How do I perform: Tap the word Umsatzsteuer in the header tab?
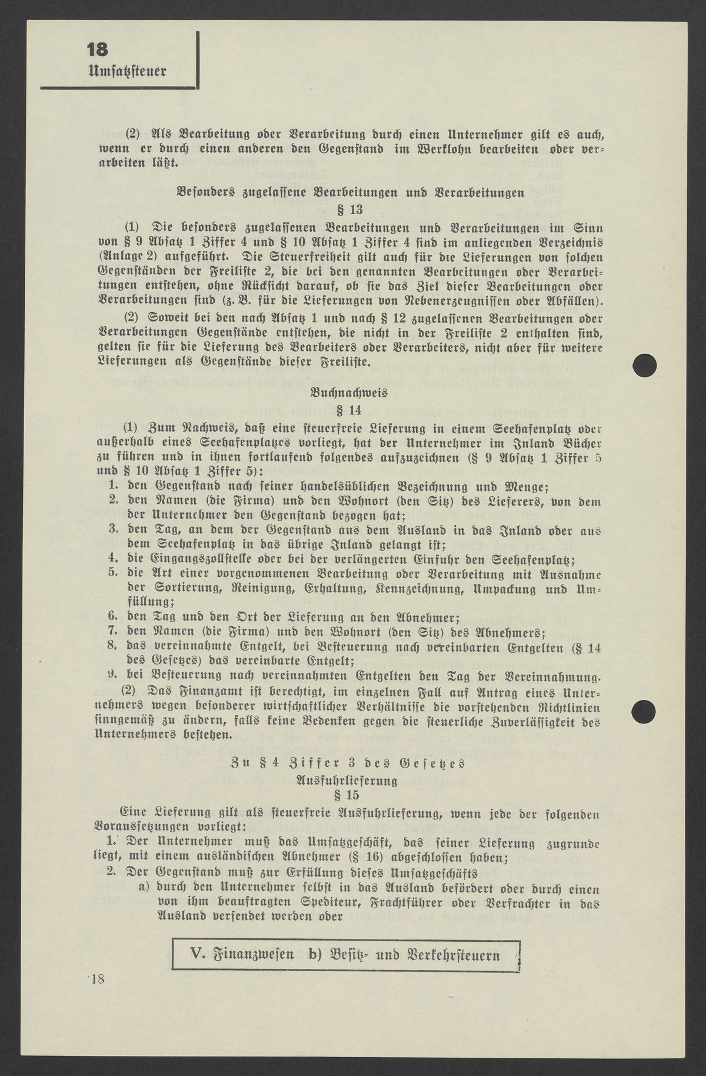(x=126, y=72)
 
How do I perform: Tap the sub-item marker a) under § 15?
(x=143, y=888)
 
